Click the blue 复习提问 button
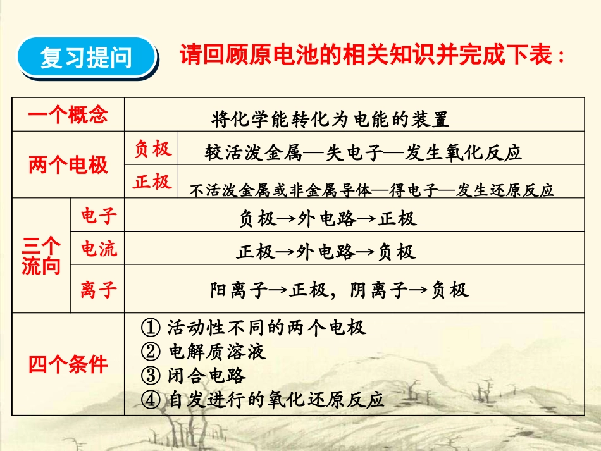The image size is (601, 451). [87, 58]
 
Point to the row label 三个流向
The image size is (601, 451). [41, 256]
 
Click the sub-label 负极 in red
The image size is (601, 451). [152, 149]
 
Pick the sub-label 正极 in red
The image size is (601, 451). [152, 182]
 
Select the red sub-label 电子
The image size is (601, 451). [99, 216]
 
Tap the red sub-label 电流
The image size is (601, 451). [99, 249]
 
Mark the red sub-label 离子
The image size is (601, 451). [99, 290]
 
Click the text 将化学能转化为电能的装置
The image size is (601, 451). [331, 118]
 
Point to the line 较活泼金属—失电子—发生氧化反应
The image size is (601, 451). [363, 152]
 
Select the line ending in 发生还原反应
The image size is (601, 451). [371, 190]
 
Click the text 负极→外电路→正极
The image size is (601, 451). [328, 219]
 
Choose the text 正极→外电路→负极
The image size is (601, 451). [326, 252]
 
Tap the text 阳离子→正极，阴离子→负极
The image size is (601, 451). [339, 290]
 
